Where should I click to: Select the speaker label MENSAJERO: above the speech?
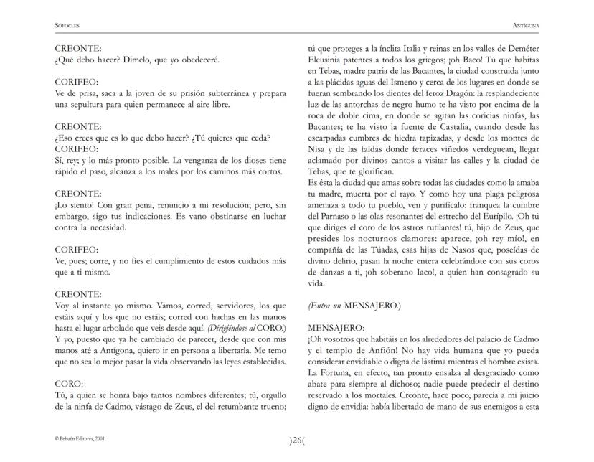pos(334,325)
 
